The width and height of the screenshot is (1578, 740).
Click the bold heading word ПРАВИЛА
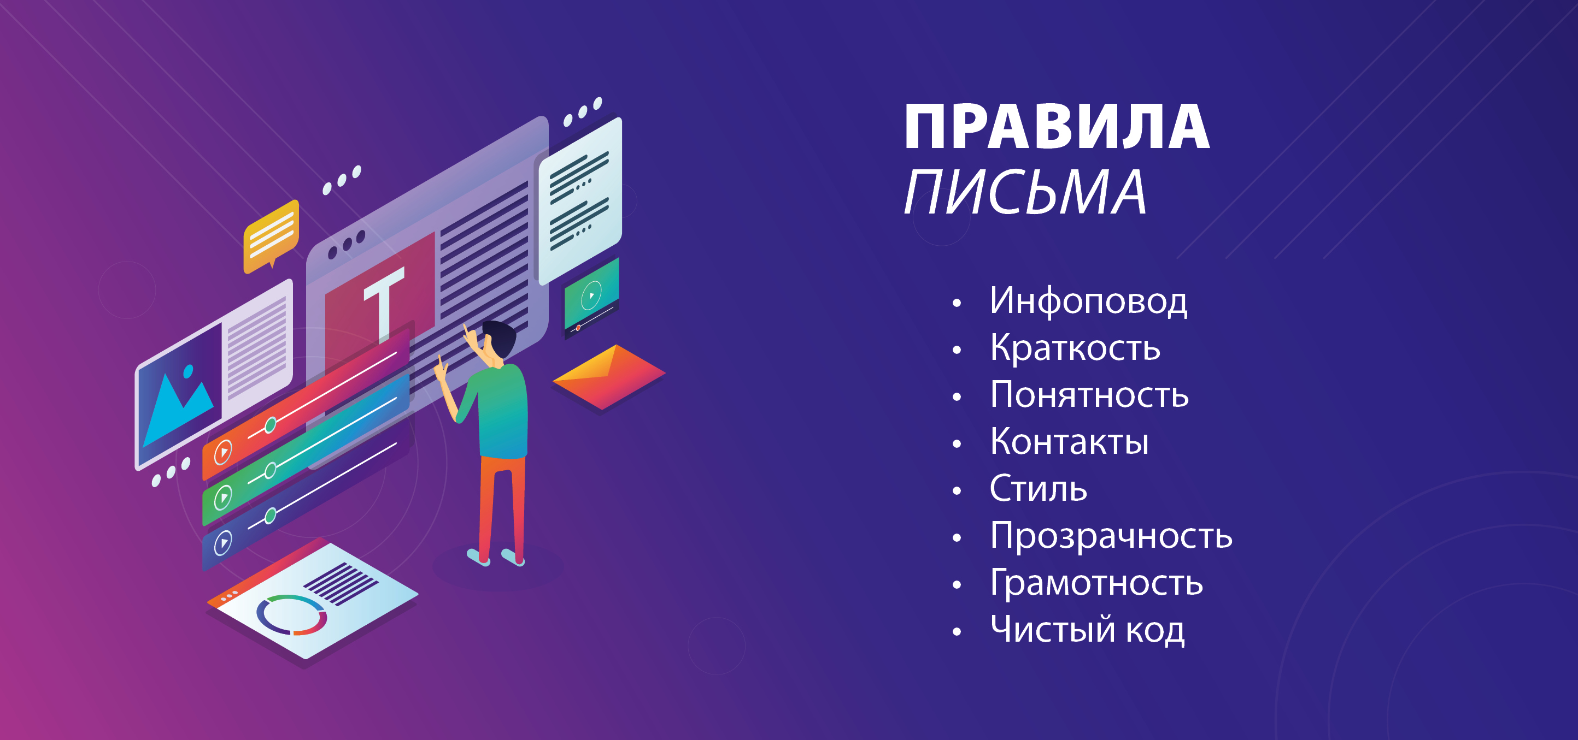pos(1057,127)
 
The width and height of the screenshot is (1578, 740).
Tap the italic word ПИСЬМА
pos(1025,192)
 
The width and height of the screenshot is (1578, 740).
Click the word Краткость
pos(1075,348)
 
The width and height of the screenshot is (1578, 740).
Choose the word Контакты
pos(1069,441)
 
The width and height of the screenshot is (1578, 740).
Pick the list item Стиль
pos(1039,488)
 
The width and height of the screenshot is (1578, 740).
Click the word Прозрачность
pos(1111,536)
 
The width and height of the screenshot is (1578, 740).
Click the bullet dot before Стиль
pos(957,491)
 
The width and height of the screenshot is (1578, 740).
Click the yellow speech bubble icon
pos(271,235)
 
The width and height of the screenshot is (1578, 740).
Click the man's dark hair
pos(500,338)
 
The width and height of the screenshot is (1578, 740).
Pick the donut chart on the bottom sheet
pos(291,614)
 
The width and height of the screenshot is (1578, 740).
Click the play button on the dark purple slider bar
pos(223,543)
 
